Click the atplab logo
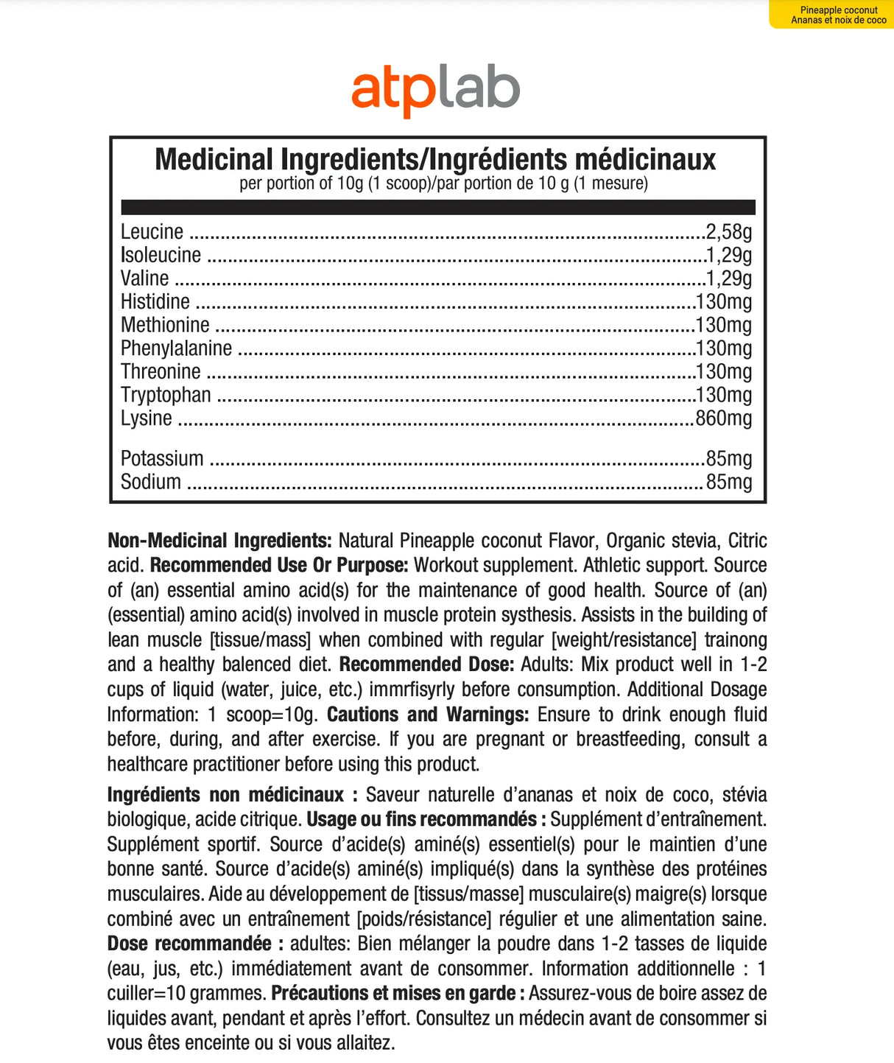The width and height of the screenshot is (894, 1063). click(x=435, y=91)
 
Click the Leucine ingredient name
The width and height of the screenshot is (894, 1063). click(x=152, y=232)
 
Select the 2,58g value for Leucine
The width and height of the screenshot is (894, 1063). click(x=728, y=232)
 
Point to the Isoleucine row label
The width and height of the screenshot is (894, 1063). click(x=161, y=255)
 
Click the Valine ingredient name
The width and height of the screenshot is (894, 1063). click(x=144, y=278)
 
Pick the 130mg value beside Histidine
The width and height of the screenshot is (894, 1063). click(x=723, y=301)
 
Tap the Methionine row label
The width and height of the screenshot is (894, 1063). click(x=165, y=325)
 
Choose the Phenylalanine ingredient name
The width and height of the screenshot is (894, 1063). click(x=176, y=348)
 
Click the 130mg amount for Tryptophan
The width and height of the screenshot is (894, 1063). click(x=723, y=395)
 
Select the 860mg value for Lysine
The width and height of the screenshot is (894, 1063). click(x=723, y=418)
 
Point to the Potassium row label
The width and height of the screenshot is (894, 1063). click(x=162, y=458)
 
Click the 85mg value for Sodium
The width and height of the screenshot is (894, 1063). click(x=728, y=482)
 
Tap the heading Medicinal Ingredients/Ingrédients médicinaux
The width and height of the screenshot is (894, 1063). click(x=435, y=159)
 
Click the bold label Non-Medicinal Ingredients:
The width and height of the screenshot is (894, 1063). click(x=219, y=541)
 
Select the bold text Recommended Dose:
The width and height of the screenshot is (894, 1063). click(x=426, y=664)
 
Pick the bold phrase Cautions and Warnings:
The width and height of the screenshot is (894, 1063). click(x=428, y=715)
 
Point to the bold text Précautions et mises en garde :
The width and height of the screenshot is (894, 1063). click(x=398, y=993)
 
